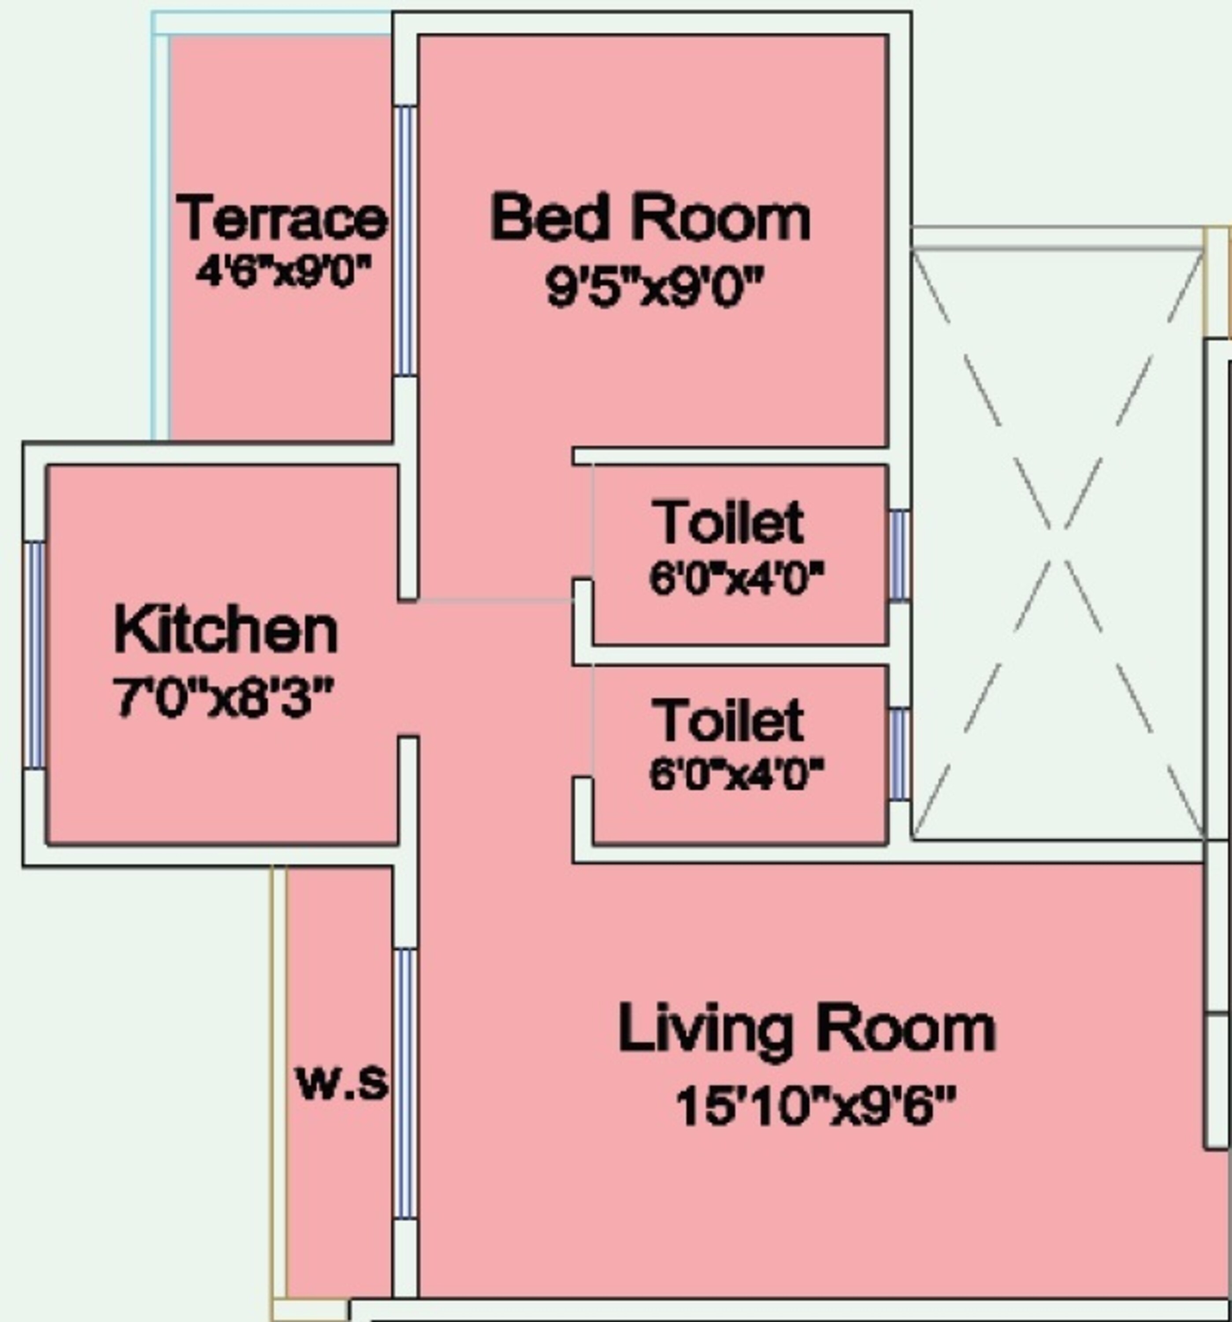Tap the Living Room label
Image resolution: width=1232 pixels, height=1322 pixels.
tap(806, 1029)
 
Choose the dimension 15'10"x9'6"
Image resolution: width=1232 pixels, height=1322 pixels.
tap(815, 1106)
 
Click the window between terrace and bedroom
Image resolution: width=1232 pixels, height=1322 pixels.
tap(405, 241)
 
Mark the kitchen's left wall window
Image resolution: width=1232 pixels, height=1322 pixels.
tap(34, 655)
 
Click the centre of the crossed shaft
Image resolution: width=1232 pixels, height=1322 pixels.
tap(1057, 544)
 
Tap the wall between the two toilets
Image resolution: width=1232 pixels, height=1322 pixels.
tap(731, 655)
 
